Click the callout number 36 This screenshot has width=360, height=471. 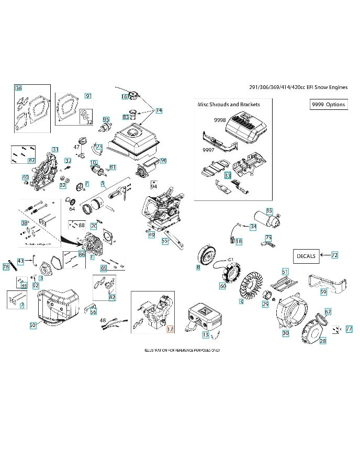tap(19, 88)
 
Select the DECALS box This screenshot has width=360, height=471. tap(306, 256)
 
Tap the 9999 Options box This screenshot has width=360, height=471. tap(328, 104)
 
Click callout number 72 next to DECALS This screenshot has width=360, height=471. tap(334, 255)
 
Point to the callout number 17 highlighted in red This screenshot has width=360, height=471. tap(170, 329)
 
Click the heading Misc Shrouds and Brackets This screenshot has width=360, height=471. tap(229, 104)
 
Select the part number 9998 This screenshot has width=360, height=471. tap(220, 120)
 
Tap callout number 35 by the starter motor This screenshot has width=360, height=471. tap(269, 211)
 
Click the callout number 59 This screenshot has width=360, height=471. tap(323, 291)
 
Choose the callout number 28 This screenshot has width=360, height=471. tap(322, 341)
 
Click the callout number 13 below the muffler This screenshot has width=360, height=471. tap(206, 334)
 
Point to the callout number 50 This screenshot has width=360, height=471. tap(32, 325)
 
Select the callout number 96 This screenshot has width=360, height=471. tap(163, 160)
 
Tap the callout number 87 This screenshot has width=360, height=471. tap(31, 160)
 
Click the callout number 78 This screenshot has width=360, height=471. tap(6, 267)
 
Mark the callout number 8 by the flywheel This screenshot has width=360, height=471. tap(198, 267)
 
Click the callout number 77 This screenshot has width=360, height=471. tap(349, 329)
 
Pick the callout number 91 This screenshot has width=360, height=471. tap(88, 96)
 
